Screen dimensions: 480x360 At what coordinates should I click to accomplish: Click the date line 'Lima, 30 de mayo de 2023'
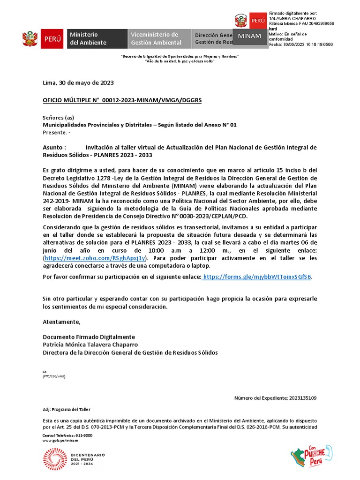78,83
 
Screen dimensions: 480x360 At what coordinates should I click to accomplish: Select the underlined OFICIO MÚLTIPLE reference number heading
122,100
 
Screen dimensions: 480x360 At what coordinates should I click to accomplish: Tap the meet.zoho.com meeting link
96,258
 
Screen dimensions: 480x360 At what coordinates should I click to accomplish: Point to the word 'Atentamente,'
61,322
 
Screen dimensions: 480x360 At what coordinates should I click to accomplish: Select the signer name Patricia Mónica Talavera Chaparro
90,345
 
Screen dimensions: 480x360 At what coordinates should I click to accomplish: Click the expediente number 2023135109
302,398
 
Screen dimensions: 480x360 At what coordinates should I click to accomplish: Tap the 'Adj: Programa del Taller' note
67,409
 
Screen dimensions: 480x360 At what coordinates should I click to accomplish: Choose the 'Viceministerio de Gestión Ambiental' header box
159,38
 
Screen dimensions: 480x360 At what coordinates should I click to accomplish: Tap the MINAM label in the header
250,36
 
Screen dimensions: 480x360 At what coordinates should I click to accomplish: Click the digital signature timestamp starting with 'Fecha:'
300,45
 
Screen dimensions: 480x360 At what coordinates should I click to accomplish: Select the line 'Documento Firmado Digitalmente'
89,337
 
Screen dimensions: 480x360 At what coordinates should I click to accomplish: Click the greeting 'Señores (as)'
59,117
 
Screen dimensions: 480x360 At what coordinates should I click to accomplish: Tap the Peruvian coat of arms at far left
30,39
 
